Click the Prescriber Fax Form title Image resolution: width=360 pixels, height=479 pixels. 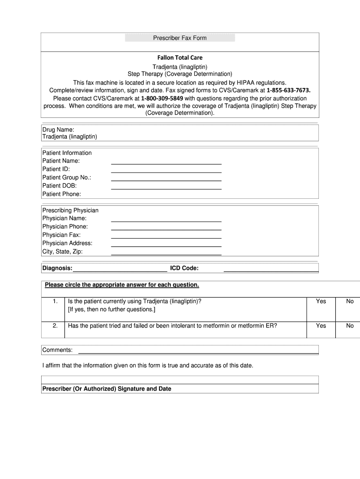(180, 38)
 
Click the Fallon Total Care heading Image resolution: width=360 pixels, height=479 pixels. (180, 58)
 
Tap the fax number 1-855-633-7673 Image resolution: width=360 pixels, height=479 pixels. (288, 90)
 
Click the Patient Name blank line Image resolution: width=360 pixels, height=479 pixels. (166, 163)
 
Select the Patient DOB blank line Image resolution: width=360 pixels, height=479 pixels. (166, 188)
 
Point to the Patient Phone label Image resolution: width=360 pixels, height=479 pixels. (62, 194)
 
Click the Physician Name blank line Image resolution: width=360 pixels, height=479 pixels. (166, 221)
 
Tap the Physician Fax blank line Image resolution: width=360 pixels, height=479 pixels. (166, 238)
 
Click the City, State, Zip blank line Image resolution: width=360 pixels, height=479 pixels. (166, 254)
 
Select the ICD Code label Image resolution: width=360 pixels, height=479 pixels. (184, 268)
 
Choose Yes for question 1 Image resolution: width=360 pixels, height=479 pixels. (321, 302)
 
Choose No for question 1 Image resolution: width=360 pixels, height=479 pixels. (350, 302)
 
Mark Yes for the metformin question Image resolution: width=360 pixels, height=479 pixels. (321, 326)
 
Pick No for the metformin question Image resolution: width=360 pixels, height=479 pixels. (350, 326)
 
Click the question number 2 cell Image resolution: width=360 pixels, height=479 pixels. (55, 326)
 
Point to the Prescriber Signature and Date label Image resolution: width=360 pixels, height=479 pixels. (107, 389)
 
